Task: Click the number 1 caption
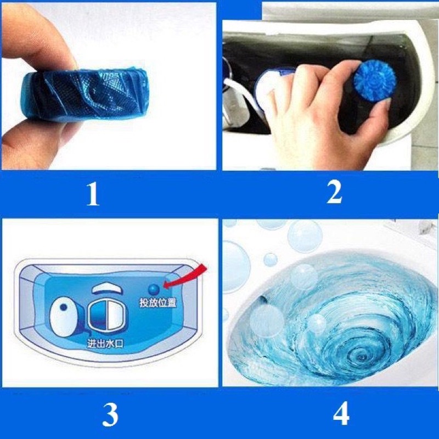tap(93, 194)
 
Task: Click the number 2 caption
tap(334, 192)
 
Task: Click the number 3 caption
tap(110, 415)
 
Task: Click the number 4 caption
tap(341, 413)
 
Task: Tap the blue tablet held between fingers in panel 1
tap(84, 95)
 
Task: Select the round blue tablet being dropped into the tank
tap(375, 81)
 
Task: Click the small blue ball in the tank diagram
tap(154, 290)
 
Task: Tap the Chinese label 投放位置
tap(158, 303)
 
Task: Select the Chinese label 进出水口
tap(105, 344)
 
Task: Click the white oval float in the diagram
tap(64, 317)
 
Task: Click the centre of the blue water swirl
tap(361, 356)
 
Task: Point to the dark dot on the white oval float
tap(64, 307)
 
